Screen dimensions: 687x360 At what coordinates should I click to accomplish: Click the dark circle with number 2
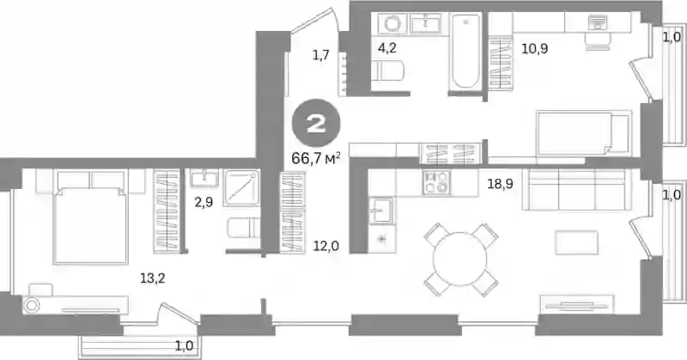tap(316, 123)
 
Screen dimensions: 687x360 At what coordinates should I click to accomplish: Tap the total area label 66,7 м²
tap(316, 158)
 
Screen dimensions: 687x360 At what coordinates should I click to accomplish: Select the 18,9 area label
tap(500, 184)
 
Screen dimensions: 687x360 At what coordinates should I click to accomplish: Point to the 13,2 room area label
tap(153, 278)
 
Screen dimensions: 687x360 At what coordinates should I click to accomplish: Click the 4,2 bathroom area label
tap(387, 47)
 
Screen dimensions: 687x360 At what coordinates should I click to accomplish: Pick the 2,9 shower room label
tap(204, 203)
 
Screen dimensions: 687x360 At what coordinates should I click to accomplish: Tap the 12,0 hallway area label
tap(326, 247)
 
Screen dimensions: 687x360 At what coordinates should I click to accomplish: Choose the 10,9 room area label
tap(534, 48)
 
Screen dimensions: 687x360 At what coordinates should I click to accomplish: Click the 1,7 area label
tap(320, 56)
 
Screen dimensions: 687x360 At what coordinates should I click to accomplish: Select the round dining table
tap(460, 259)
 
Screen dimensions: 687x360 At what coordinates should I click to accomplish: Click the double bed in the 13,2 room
tap(91, 217)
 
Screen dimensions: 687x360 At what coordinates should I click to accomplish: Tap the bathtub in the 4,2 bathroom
tap(465, 51)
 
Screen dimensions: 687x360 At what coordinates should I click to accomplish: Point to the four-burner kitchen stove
tap(437, 183)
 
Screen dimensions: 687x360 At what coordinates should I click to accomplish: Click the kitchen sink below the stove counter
tap(380, 211)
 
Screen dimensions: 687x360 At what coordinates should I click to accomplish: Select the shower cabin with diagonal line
tap(241, 187)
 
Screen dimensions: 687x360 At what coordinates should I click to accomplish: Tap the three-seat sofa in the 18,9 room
tap(574, 190)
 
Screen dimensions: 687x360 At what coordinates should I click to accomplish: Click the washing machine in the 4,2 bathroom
tap(392, 23)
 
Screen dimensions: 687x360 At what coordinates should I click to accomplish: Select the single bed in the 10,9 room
tap(584, 133)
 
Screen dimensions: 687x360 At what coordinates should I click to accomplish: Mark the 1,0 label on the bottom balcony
tap(185, 346)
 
